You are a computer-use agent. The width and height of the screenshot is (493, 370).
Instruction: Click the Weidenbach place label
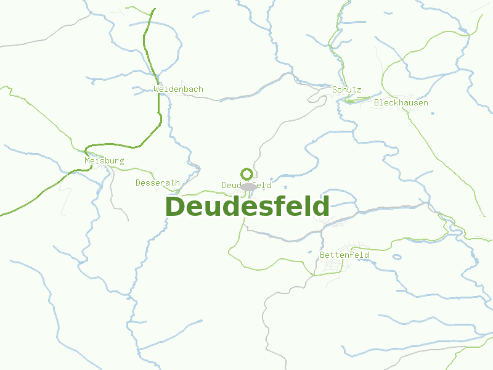click(178, 89)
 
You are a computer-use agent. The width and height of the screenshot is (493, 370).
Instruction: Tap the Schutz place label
click(346, 90)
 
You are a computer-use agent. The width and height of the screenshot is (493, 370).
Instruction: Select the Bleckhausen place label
click(401, 103)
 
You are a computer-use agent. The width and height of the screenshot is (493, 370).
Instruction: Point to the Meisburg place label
click(104, 161)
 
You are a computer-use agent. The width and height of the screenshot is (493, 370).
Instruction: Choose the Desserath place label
click(158, 183)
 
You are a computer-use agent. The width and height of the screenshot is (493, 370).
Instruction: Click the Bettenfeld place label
click(344, 255)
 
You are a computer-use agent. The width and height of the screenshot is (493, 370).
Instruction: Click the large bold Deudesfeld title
click(247, 207)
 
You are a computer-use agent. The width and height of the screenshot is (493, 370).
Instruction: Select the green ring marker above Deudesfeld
click(246, 174)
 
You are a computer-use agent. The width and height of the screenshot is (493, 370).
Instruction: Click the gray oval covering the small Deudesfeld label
click(248, 186)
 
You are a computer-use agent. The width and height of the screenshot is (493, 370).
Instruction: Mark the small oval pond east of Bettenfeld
click(397, 257)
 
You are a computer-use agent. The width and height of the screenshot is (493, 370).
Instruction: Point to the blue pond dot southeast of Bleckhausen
click(431, 113)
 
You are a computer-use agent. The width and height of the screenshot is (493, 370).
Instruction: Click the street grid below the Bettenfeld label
click(330, 266)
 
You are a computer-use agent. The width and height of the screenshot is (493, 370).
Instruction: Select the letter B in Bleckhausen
click(377, 103)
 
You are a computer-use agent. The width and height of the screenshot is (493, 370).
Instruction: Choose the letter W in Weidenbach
click(157, 89)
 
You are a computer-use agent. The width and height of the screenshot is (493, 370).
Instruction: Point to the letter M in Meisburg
click(88, 161)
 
